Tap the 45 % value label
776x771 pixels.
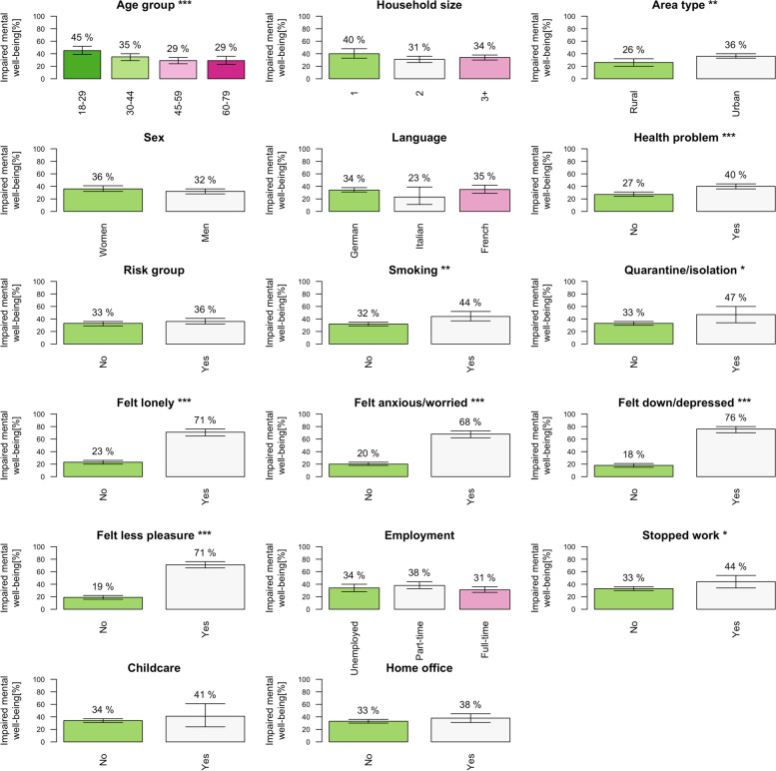point(82,39)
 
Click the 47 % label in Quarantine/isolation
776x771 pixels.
point(737,299)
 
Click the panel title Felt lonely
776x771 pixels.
point(167,403)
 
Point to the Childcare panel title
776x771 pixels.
point(153,668)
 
